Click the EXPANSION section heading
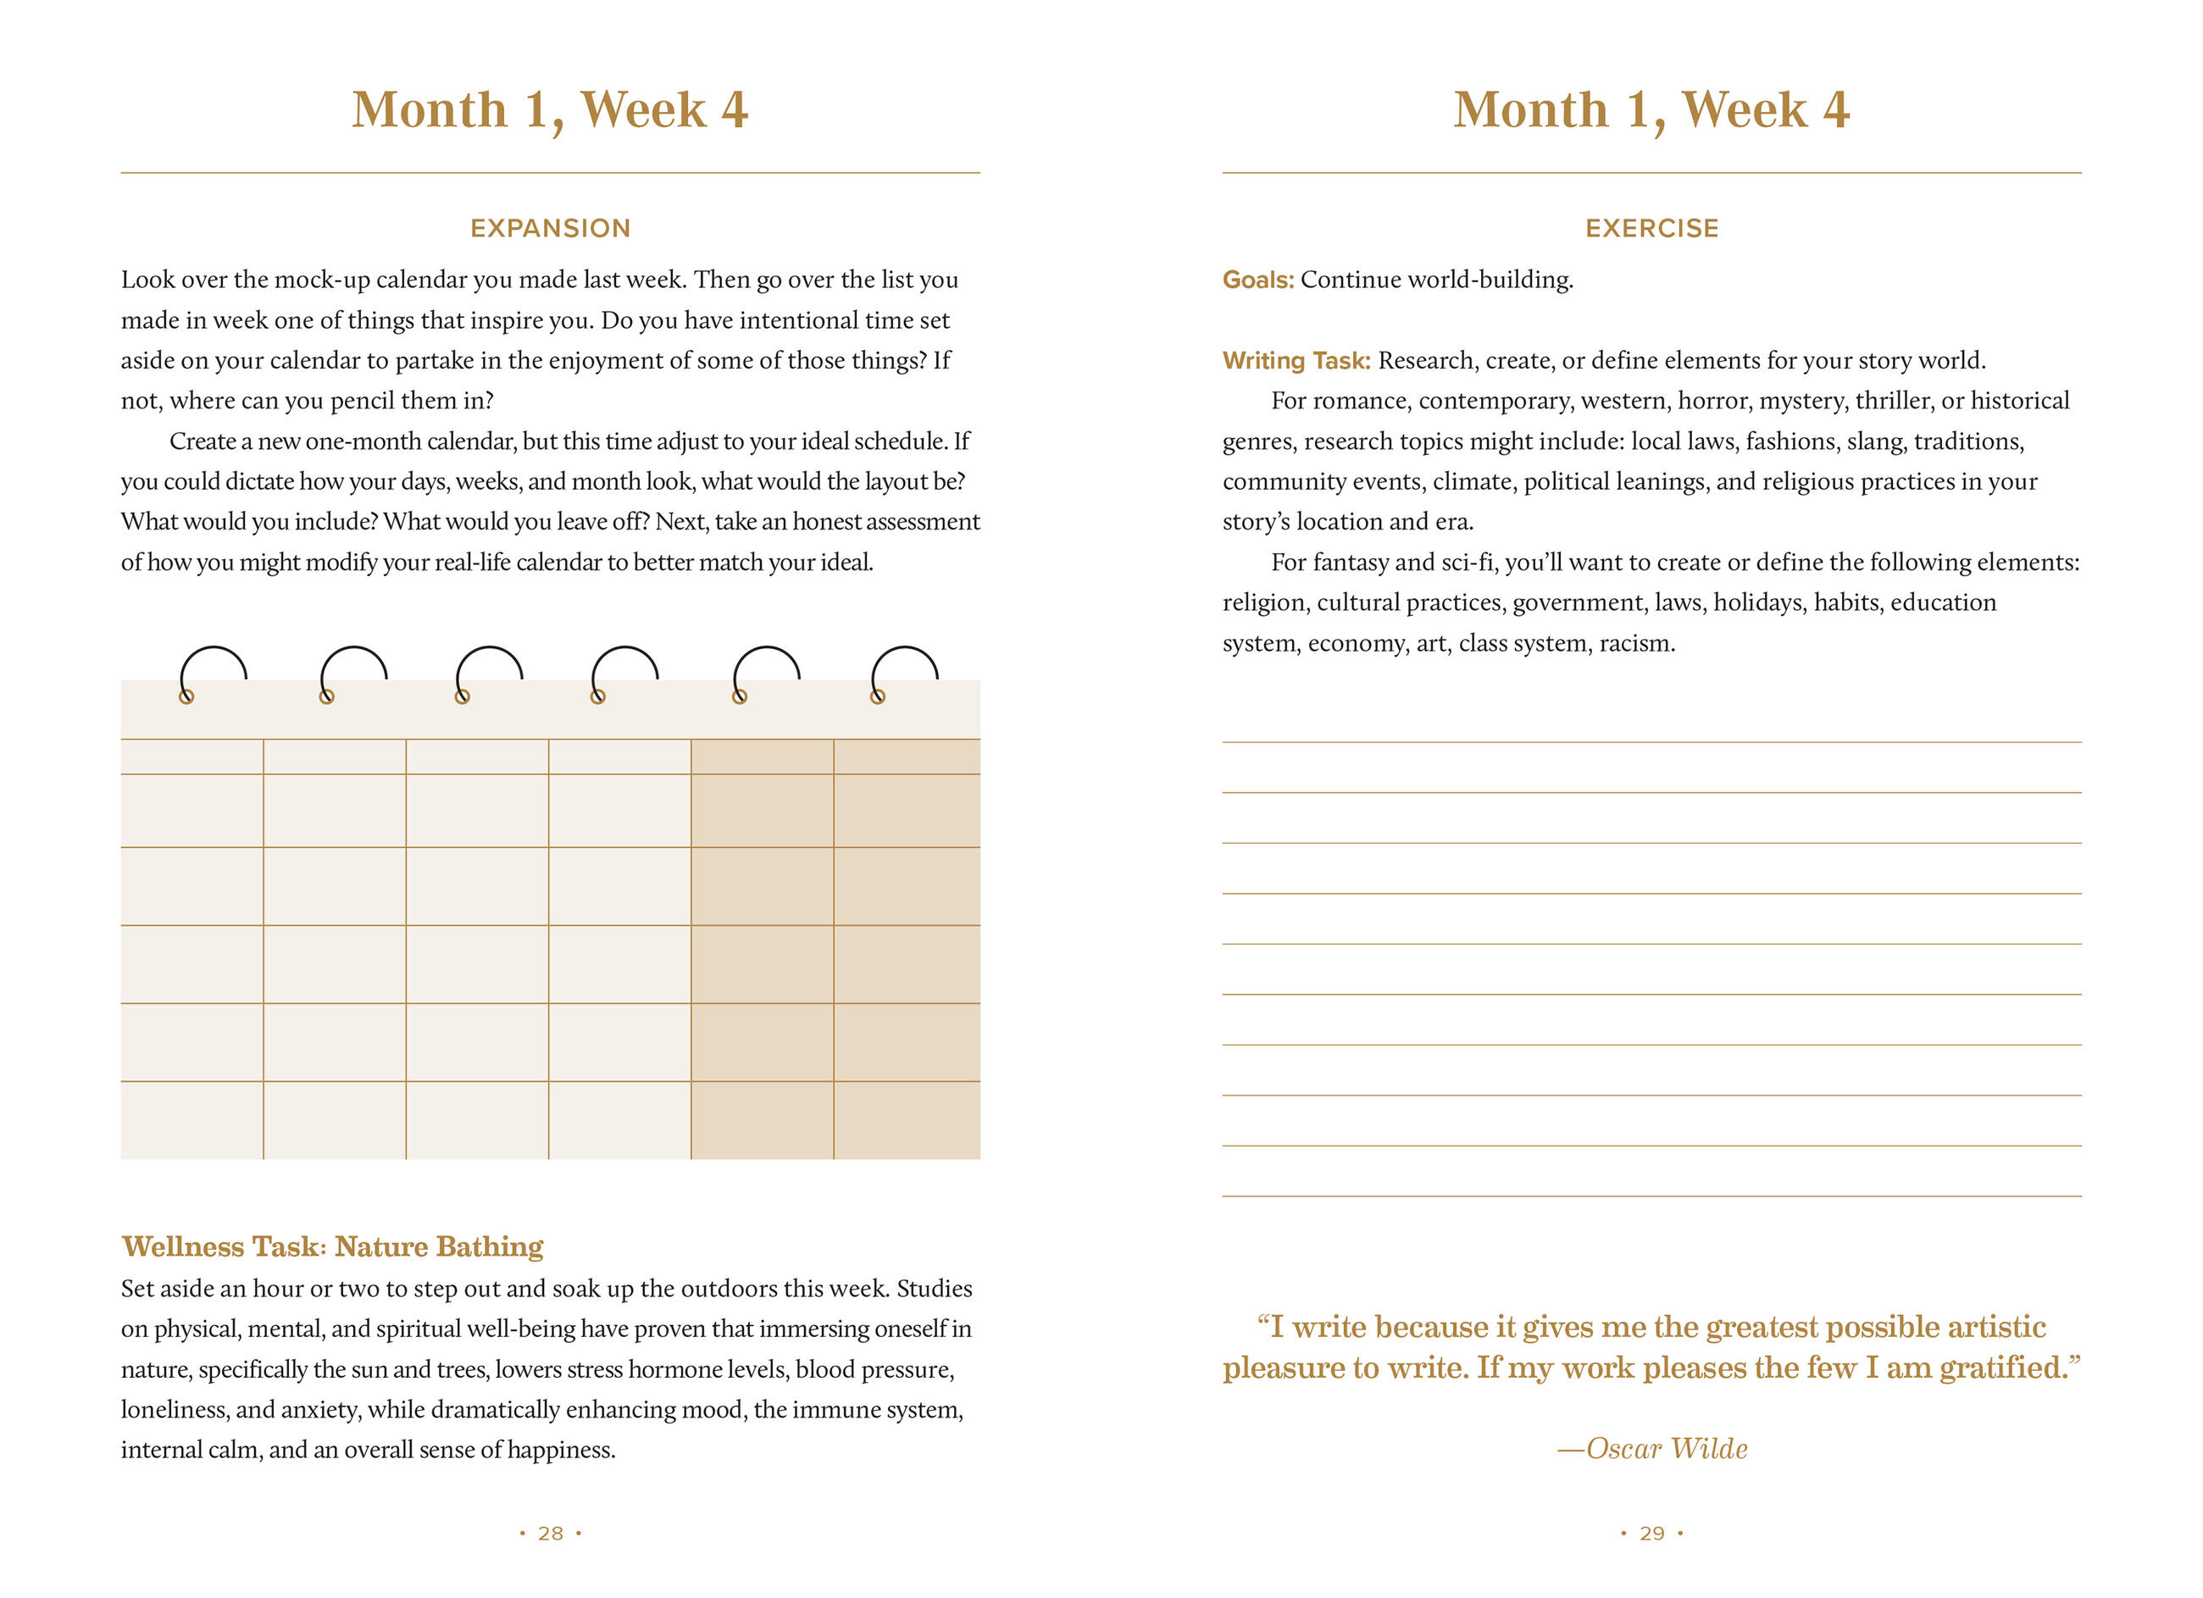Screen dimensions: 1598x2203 click(550, 228)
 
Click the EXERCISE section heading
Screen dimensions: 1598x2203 click(1651, 228)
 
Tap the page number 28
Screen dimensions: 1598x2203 click(550, 1533)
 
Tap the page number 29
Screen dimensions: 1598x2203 click(1651, 1533)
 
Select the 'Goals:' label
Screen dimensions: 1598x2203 click(1258, 280)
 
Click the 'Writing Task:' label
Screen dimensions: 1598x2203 click(1296, 360)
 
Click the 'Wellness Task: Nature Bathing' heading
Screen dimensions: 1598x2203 click(332, 1246)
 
